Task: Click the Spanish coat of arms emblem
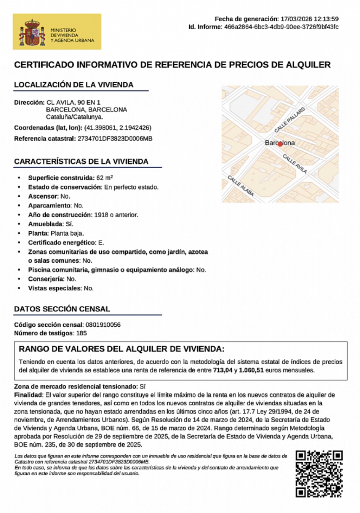33,33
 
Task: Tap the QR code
319,474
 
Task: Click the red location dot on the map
280,144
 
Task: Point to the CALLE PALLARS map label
289,120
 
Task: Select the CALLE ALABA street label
241,185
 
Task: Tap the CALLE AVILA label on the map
295,164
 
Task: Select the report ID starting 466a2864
281,27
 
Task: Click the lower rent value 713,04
223,370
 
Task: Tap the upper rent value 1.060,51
251,370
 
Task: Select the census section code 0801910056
103,325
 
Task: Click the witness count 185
81,333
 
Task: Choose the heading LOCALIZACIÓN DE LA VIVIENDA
73,85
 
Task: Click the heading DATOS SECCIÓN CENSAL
62,309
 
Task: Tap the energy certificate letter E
100,243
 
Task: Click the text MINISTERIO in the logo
63,30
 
